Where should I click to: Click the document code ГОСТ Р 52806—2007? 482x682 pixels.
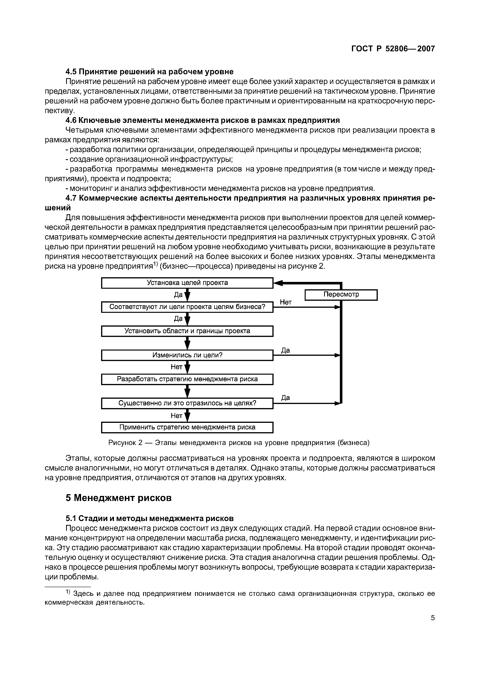coord(393,49)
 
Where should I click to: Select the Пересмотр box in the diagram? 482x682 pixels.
coord(341,295)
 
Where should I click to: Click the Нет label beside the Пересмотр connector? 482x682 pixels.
coord(286,302)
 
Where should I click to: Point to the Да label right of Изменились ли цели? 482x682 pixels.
coord(285,351)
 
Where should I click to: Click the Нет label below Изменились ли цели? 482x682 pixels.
coord(176,367)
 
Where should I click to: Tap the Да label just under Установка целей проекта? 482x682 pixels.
coord(178,295)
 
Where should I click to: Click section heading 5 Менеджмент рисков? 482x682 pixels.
coord(118,498)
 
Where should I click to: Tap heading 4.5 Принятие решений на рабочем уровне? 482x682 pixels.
coord(149,72)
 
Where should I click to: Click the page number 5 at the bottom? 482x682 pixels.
coord(433,618)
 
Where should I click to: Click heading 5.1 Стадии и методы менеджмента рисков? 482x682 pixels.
coord(149,518)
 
